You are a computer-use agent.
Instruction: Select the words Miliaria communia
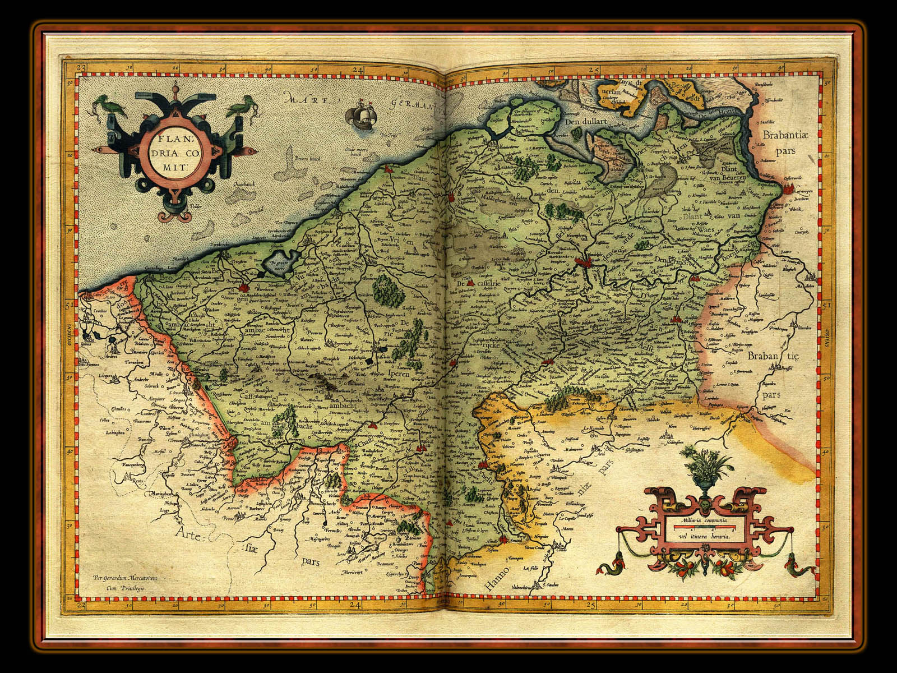tap(703, 521)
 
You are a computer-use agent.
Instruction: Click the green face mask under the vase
tap(704, 504)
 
